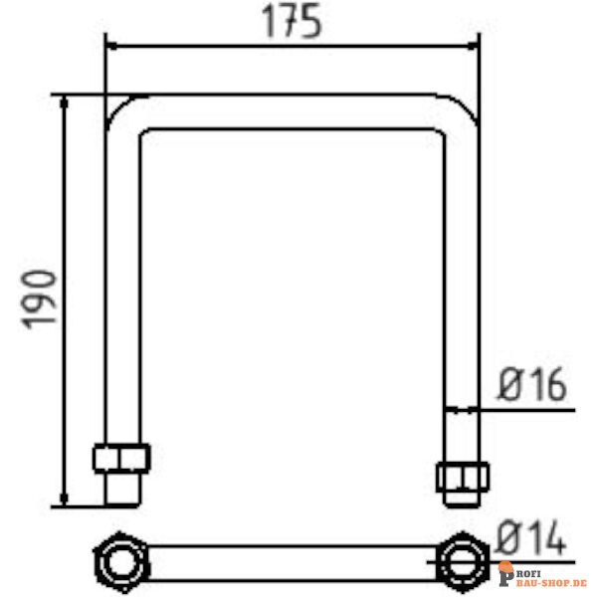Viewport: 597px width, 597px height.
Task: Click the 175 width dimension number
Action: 292,22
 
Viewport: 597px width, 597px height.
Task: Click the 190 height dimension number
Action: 40,298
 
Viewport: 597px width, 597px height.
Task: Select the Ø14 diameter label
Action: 531,540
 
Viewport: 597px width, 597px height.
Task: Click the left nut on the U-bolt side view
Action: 121,457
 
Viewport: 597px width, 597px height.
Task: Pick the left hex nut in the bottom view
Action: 119,562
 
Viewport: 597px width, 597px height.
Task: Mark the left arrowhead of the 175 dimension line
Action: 112,46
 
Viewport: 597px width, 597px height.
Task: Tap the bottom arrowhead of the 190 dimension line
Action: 65,497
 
